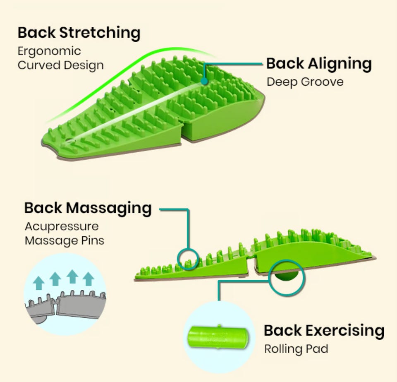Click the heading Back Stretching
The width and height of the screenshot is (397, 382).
[x=79, y=33]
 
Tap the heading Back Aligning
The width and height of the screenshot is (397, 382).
[x=319, y=64]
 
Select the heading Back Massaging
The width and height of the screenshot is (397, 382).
[x=88, y=208]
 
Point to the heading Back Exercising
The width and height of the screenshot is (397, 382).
[x=324, y=331]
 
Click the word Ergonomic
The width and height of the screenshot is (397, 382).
[x=49, y=51]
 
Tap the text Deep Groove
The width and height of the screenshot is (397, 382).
[x=305, y=82]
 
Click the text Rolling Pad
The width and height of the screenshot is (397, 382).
[x=296, y=349]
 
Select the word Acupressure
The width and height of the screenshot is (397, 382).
[x=62, y=226]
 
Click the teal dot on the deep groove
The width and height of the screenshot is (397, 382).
[x=204, y=82]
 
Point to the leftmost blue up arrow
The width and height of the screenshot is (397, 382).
[x=39, y=283]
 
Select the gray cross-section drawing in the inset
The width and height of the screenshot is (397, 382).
[x=66, y=304]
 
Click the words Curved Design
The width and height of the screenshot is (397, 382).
[x=60, y=65]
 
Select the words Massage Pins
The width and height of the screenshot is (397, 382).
[x=64, y=240]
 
